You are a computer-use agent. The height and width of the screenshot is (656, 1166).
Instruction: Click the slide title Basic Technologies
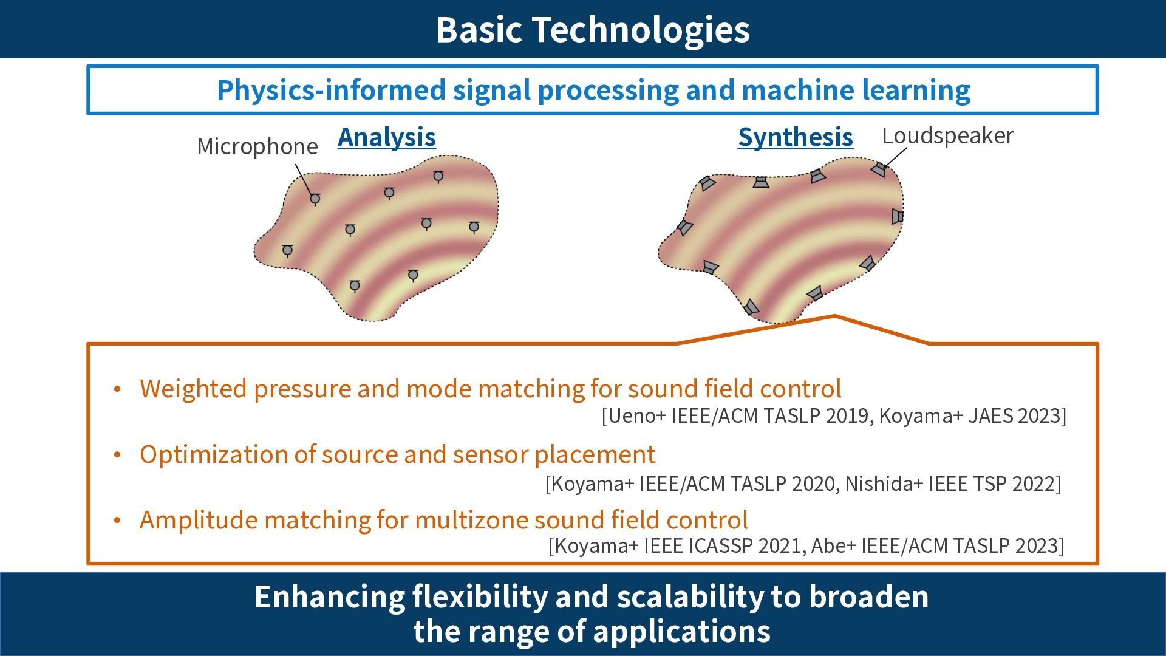(x=593, y=29)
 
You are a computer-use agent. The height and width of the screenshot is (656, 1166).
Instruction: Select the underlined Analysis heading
(x=387, y=137)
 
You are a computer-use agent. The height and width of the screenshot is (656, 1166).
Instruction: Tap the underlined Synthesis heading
(x=795, y=137)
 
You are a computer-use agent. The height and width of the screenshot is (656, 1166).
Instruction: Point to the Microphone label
(x=257, y=146)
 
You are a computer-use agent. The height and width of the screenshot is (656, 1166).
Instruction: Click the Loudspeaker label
(x=947, y=135)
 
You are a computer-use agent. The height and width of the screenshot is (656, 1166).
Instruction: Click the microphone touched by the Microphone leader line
(x=315, y=199)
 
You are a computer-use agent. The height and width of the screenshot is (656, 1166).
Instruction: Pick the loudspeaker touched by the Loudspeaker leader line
(x=878, y=169)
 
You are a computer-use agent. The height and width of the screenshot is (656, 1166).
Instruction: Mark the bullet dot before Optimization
(x=118, y=455)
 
